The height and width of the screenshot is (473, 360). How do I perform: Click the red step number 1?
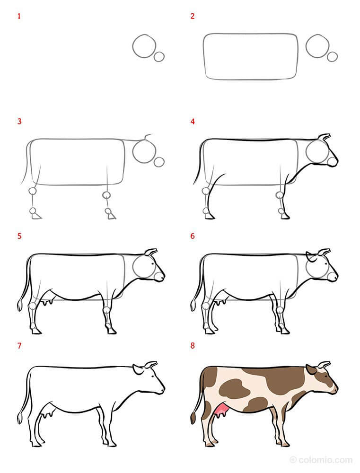19,17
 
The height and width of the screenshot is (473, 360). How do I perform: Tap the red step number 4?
193,122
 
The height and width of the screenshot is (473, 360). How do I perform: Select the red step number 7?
19,346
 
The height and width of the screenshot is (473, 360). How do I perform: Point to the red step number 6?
193,236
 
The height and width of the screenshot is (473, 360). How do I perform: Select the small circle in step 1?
159,56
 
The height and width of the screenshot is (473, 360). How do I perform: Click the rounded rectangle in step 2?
251,56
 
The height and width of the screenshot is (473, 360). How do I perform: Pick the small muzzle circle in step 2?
333,56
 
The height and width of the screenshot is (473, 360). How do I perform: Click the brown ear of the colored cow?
311,369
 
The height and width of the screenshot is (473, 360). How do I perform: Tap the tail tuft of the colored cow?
193,418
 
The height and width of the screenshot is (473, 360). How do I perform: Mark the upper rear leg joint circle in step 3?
33,192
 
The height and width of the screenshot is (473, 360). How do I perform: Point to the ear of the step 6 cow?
311,257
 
